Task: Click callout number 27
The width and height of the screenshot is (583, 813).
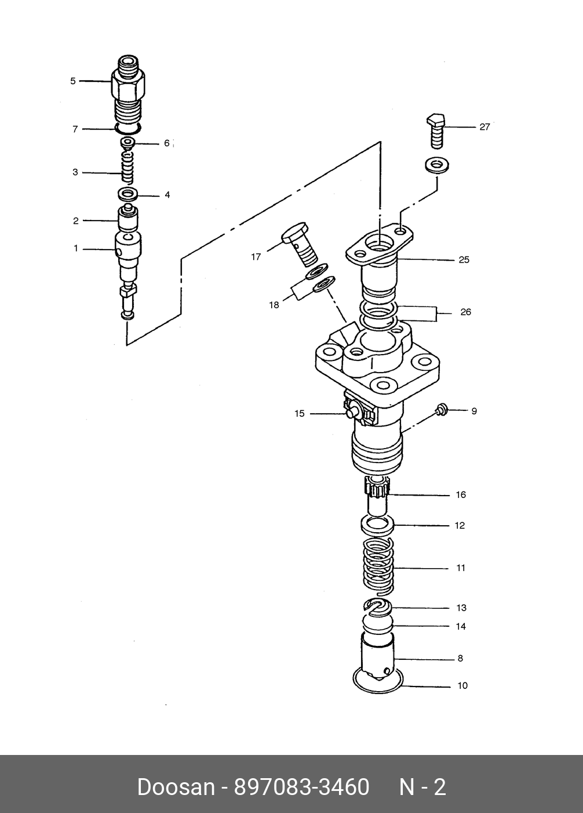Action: click(484, 127)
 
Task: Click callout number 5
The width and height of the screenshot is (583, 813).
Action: click(73, 81)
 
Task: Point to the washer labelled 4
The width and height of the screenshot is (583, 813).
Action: click(128, 194)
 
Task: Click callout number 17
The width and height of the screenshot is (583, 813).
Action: click(256, 256)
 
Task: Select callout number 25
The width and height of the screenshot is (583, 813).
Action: click(464, 259)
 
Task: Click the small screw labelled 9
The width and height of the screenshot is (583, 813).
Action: click(441, 410)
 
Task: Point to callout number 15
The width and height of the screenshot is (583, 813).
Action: click(299, 414)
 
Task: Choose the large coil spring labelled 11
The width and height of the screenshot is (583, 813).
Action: click(378, 567)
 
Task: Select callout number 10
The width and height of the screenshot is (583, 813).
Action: click(462, 685)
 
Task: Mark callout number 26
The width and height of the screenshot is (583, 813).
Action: click(465, 312)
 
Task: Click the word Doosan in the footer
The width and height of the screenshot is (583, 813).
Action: click(175, 787)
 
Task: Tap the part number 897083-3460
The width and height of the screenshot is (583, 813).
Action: click(301, 787)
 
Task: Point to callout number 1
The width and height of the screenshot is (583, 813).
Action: click(75, 248)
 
